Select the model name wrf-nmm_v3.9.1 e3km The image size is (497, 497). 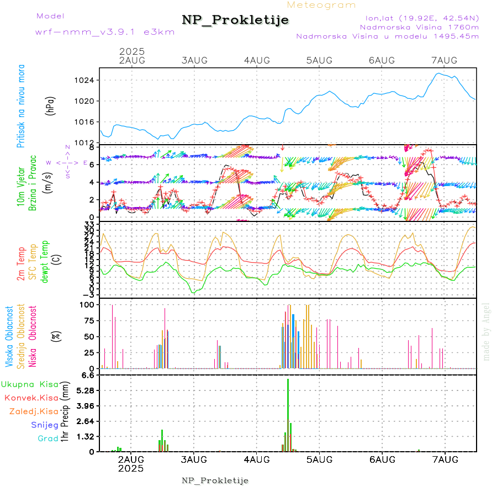(105, 31)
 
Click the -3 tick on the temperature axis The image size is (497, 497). (89, 295)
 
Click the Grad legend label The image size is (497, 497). (47, 438)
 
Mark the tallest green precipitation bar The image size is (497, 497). (288, 414)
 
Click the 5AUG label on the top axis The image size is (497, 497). (319, 60)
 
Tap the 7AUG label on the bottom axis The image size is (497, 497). (445, 459)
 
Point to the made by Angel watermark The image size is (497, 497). (487, 331)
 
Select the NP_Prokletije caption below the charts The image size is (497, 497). (215, 480)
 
